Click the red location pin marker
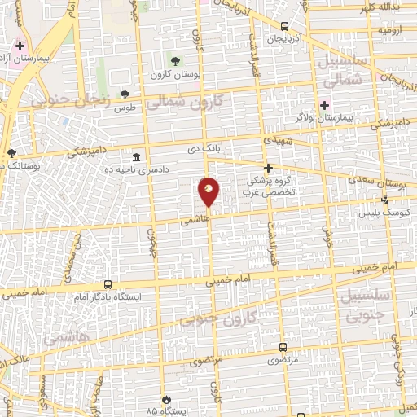209,191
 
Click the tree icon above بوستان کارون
174,61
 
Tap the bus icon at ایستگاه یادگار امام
108,285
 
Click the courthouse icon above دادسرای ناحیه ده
135,156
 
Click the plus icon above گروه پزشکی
267,167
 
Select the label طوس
124,108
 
